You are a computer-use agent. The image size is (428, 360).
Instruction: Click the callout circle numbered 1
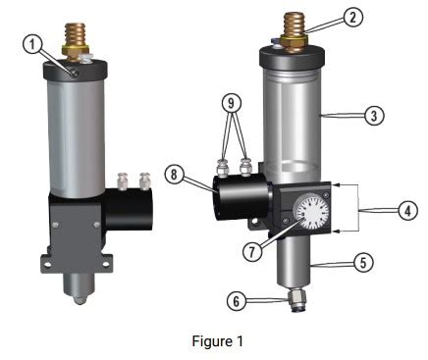pyautogui.click(x=32, y=44)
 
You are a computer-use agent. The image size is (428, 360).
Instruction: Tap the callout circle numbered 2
pyautogui.click(x=352, y=17)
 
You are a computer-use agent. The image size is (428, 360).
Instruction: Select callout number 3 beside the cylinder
pyautogui.click(x=374, y=116)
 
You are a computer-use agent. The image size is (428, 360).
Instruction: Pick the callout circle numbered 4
pyautogui.click(x=408, y=210)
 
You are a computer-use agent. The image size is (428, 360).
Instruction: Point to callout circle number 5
pyautogui.click(x=364, y=262)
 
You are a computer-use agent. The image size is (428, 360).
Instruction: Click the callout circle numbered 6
pyautogui.click(x=237, y=301)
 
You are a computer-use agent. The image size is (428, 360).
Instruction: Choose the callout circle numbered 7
pyautogui.click(x=252, y=251)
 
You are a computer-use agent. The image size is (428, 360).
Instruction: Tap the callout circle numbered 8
pyautogui.click(x=174, y=175)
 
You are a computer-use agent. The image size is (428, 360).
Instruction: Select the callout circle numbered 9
pyautogui.click(x=232, y=103)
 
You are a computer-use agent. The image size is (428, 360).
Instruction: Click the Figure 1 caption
pyautogui.click(x=218, y=341)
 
